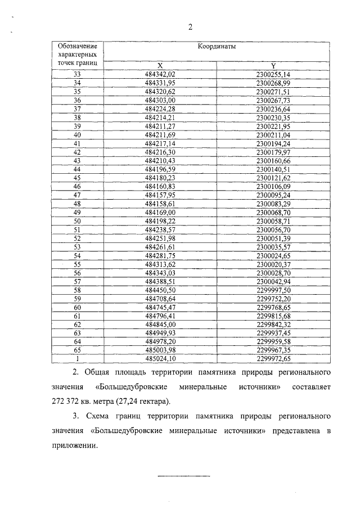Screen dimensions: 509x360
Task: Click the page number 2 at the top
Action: (x=191, y=27)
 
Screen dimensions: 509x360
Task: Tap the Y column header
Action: (x=273, y=65)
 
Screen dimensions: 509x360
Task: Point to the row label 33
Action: (x=78, y=74)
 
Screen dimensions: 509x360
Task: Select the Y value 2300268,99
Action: (x=273, y=83)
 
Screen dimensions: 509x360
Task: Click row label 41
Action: (x=78, y=143)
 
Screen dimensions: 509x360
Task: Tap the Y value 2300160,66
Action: (x=273, y=161)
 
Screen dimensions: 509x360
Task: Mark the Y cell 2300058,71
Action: (x=273, y=221)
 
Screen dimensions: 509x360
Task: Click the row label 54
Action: (x=78, y=256)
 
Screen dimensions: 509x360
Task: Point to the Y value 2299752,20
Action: (x=273, y=299)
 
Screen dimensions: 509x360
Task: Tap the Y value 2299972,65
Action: (x=273, y=359)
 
